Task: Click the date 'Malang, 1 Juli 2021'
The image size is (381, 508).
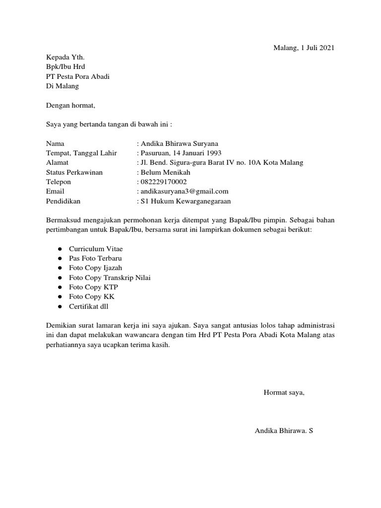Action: click(304, 48)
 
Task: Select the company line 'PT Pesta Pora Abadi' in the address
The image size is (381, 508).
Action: click(78, 76)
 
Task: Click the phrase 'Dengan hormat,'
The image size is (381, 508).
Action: click(70, 105)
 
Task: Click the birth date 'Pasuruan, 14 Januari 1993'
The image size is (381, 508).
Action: click(181, 153)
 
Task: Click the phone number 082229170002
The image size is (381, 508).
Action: click(163, 182)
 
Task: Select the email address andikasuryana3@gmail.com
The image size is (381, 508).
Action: click(184, 191)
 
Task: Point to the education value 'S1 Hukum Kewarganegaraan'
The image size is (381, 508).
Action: click(185, 201)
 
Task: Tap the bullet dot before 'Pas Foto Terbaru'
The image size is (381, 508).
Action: click(59, 258)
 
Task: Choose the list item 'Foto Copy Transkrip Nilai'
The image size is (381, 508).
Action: click(110, 277)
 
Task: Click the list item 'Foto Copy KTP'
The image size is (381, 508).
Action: click(93, 287)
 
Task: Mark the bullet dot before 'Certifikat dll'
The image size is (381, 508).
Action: click(59, 307)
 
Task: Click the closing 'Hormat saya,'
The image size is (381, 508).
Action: click(284, 393)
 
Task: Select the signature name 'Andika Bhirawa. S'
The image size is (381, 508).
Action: click(284, 431)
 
